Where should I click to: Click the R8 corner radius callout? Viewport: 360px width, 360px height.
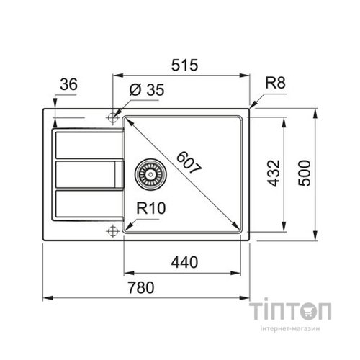(274, 84)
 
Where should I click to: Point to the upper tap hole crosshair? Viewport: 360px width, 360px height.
(112, 116)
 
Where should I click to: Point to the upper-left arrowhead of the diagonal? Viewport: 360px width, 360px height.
(128, 119)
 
